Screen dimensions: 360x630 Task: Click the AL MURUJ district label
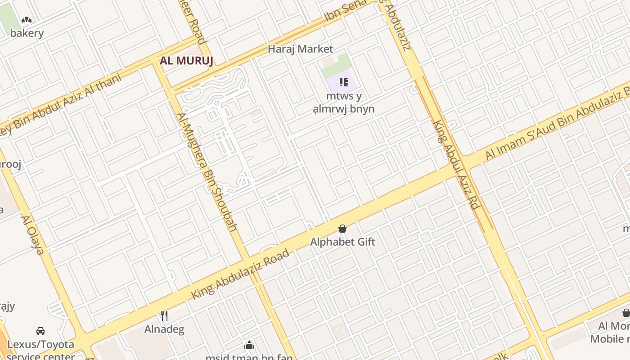coord(186,61)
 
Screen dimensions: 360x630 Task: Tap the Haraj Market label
coord(300,49)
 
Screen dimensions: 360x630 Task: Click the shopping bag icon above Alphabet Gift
coord(342,229)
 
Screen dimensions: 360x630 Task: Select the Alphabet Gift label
coord(342,242)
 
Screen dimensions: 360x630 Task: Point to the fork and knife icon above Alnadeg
coord(164,316)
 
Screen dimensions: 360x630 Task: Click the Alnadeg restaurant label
coord(164,329)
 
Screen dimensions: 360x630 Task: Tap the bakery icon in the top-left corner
coord(27,20)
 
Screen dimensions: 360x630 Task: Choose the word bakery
coord(27,33)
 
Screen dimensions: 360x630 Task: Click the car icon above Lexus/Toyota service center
coord(40,331)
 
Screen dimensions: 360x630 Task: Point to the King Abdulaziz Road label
coord(240,274)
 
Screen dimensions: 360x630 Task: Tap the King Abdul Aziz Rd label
coord(455,164)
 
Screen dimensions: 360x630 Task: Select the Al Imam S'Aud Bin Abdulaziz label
coord(558,124)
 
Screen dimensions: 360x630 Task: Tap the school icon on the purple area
coord(344,82)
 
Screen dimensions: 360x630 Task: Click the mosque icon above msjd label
coord(249,345)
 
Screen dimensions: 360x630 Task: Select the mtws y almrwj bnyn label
coord(344,102)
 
